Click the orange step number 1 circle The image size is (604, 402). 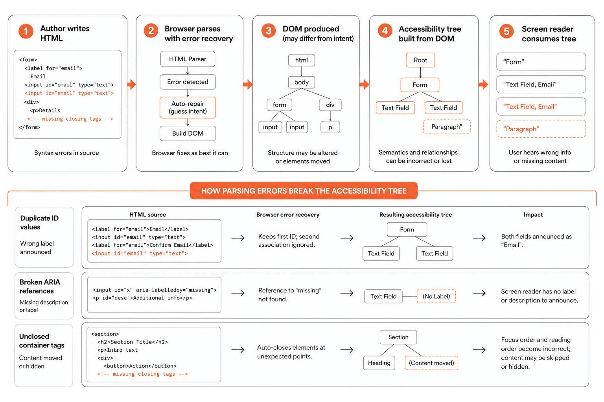click(x=26, y=31)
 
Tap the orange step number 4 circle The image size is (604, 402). click(x=385, y=31)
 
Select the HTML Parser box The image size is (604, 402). click(x=188, y=59)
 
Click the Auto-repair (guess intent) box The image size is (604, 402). click(x=188, y=108)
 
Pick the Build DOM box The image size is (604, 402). click(x=188, y=133)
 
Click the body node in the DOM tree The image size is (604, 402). click(x=302, y=82)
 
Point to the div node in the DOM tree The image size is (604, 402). click(x=330, y=105)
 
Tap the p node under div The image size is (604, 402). click(x=330, y=127)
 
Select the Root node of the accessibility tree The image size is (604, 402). click(x=420, y=60)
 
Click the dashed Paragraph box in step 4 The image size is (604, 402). click(x=447, y=127)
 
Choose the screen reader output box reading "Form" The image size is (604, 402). click(x=541, y=62)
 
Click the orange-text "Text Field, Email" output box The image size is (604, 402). click(x=541, y=107)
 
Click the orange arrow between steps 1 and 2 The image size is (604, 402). click(x=132, y=84)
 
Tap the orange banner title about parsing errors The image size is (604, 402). click(x=304, y=191)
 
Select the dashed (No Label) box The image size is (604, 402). click(x=436, y=296)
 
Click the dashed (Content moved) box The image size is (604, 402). click(x=431, y=363)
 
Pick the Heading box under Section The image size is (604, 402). click(x=379, y=363)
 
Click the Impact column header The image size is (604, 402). click(x=533, y=215)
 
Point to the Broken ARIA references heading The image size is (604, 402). click(x=40, y=286)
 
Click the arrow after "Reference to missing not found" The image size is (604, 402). click(x=347, y=293)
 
